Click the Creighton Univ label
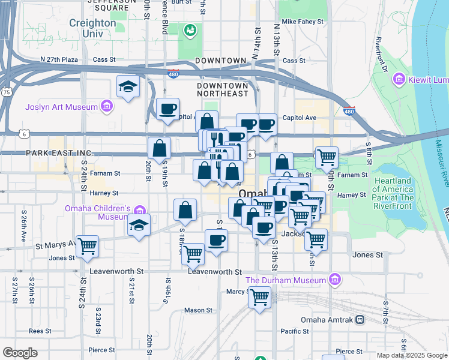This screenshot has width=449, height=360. [92, 28]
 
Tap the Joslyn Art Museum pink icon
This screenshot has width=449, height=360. [107, 107]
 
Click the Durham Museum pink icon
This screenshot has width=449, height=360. [335, 280]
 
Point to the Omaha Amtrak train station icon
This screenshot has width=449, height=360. [360, 320]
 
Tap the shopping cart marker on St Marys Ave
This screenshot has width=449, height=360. [88, 246]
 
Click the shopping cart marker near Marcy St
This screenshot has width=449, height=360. [260, 296]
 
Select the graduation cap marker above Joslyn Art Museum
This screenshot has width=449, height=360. [128, 86]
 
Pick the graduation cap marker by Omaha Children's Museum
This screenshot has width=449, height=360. [139, 226]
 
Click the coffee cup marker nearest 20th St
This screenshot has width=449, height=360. [167, 109]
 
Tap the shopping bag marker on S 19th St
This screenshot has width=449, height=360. [160, 148]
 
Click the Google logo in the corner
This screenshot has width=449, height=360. [19, 353]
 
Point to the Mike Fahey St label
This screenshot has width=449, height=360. [303, 22]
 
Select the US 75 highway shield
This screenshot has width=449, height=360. [6, 92]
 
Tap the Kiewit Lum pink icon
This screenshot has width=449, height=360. [397, 79]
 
